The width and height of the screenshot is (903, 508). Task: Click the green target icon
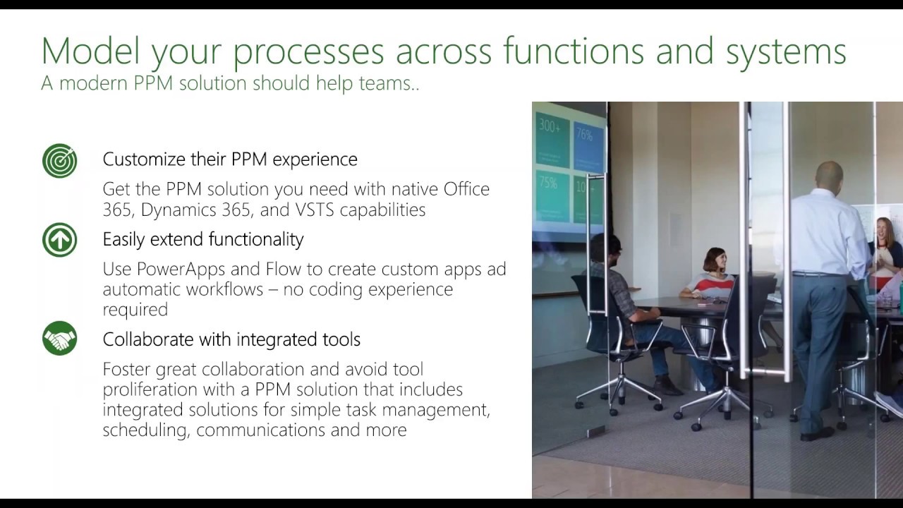tap(59, 160)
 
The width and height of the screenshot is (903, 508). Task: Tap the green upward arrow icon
tap(59, 240)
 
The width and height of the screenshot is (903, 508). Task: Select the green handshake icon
tap(59, 339)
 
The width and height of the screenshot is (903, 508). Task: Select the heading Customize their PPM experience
tap(230, 159)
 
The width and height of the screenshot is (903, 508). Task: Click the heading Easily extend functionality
tap(203, 239)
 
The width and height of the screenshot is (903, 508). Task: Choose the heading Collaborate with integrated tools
tap(231, 339)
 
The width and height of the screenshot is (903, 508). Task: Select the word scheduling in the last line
tap(145, 430)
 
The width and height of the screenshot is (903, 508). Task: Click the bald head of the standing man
tap(829, 174)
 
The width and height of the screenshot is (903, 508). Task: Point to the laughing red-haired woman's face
tap(884, 230)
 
